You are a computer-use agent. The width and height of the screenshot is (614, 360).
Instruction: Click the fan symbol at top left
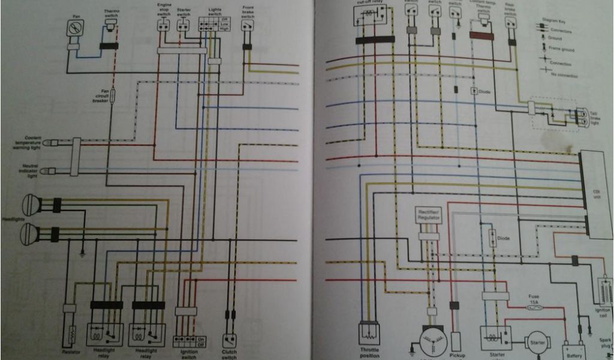pos(76,28)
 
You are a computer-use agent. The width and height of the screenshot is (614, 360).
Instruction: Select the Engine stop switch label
pos(164,10)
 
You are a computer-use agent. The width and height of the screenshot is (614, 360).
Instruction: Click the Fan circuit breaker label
pos(101,96)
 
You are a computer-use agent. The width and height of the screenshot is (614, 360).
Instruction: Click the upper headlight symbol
pos(31,205)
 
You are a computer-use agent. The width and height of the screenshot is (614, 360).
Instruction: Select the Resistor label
pos(71,352)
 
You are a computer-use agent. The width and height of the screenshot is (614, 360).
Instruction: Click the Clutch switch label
pos(229,355)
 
